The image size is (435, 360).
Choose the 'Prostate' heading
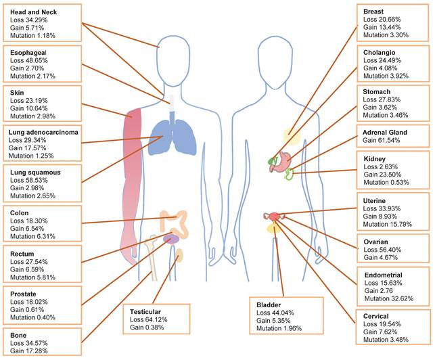(x=26, y=294)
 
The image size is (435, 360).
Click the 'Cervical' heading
(x=379, y=317)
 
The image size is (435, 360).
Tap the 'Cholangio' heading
(x=381, y=52)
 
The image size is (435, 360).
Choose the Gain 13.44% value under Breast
(x=381, y=22)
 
